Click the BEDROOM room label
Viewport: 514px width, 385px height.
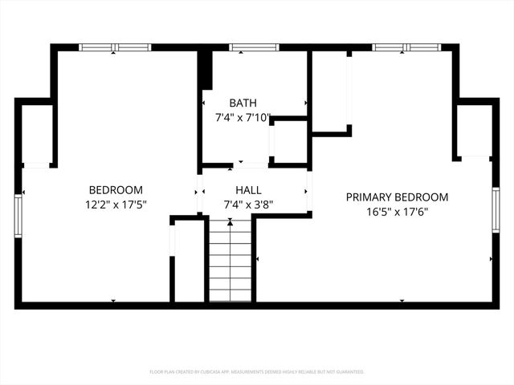pyautogui.click(x=116, y=190)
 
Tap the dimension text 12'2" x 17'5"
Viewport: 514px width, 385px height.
pyautogui.click(x=116, y=205)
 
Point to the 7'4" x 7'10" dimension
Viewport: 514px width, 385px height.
pyautogui.click(x=244, y=117)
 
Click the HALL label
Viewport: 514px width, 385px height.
pyautogui.click(x=247, y=190)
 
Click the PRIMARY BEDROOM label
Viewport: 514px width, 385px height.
pyautogui.click(x=397, y=197)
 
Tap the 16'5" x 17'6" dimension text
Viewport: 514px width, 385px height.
pyautogui.click(x=397, y=213)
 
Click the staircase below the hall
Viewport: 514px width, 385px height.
pyautogui.click(x=230, y=261)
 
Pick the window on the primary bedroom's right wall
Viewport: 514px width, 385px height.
pyautogui.click(x=496, y=210)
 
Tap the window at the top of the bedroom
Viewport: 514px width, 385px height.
pyautogui.click(x=115, y=47)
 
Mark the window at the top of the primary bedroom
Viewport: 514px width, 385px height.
pyautogui.click(x=402, y=47)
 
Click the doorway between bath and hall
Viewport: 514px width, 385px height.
pyautogui.click(x=251, y=166)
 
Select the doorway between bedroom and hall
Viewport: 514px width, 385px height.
pyautogui.click(x=199, y=192)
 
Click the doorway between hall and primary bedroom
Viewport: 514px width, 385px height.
pyautogui.click(x=308, y=192)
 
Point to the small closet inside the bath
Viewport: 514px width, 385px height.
pyautogui.click(x=289, y=141)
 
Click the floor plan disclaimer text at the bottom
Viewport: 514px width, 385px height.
pyautogui.click(x=257, y=372)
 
